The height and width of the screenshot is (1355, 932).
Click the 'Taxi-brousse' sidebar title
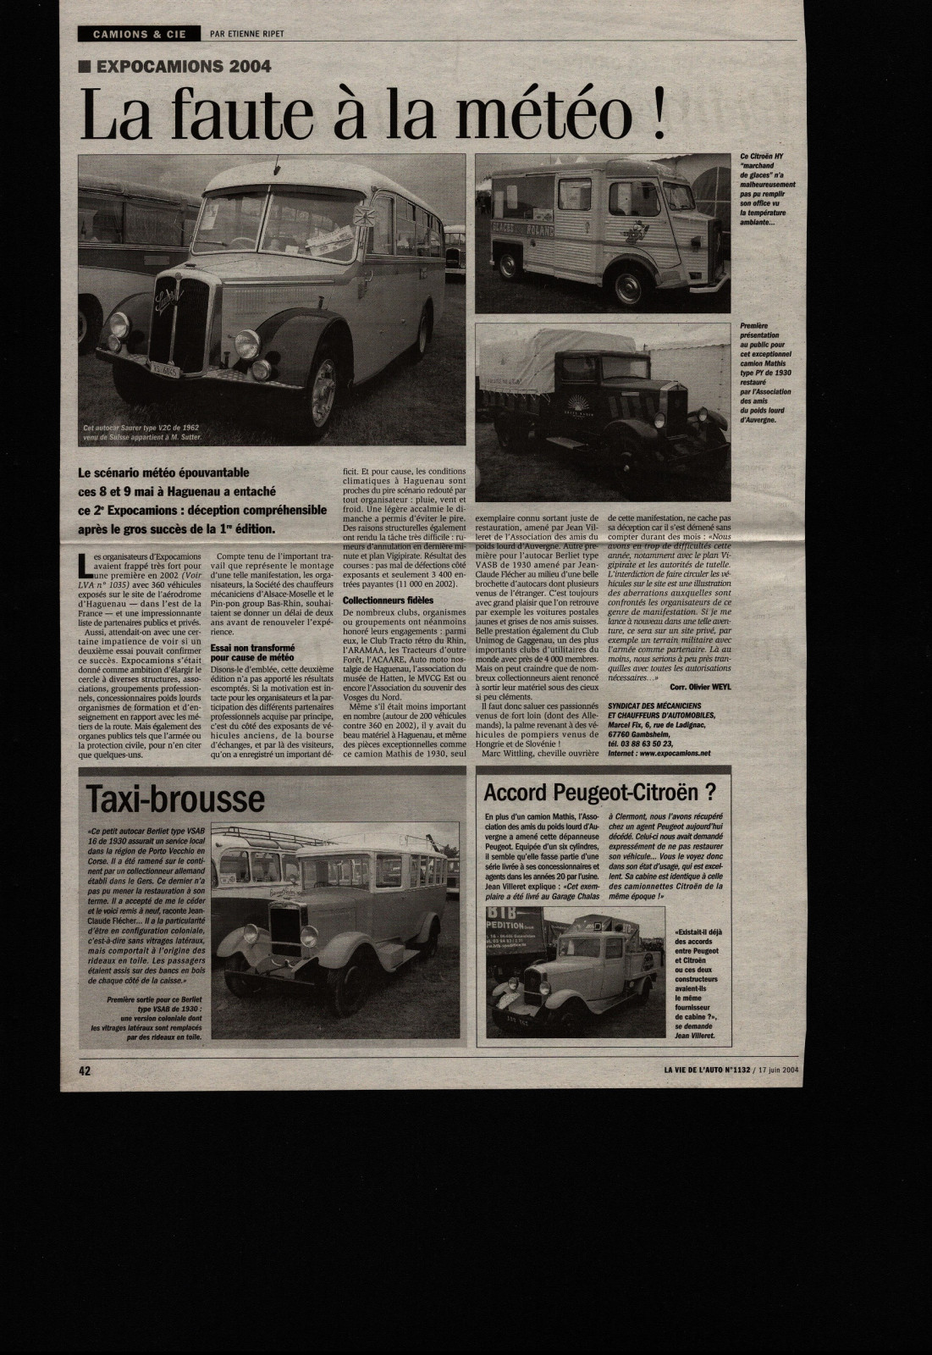tap(176, 799)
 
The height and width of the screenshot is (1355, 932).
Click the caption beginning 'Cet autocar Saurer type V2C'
tap(153, 432)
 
